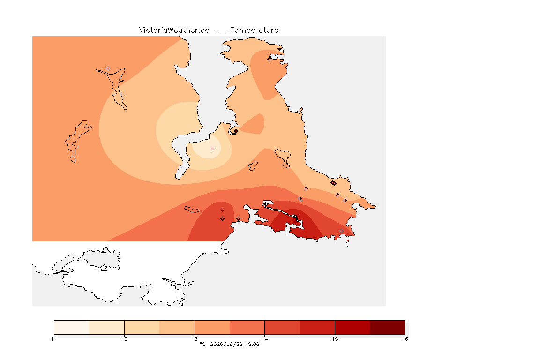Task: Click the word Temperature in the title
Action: pos(254,30)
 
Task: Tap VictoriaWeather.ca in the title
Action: pos(174,30)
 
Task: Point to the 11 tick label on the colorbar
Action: pos(54,339)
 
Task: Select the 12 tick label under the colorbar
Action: pos(124,339)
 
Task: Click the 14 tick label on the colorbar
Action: pos(264,339)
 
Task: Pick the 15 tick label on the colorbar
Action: pos(335,339)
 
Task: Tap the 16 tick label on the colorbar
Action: pos(405,339)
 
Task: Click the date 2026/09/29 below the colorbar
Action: pos(226,344)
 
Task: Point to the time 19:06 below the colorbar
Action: pos(252,344)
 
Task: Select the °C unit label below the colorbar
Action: pos(202,344)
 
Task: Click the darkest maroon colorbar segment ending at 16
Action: pos(388,327)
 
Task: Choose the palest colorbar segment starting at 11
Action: pos(72,327)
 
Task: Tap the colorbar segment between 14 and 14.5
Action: pos(282,327)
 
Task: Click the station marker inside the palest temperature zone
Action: pos(212,149)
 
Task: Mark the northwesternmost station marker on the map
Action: pos(108,69)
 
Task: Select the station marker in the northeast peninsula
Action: pos(270,59)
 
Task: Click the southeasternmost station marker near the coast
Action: pos(341,231)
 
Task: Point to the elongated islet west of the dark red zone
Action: pos(192,210)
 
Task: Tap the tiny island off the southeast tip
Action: pos(347,243)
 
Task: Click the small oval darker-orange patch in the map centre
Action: pos(253,124)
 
